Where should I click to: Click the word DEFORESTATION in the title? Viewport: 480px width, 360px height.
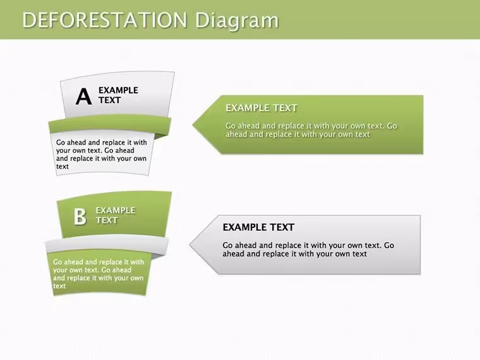pos(105,20)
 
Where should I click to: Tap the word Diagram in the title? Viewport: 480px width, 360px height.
pos(237,21)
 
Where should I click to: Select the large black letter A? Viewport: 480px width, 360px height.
pos(83,97)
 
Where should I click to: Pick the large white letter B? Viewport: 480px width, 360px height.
pos(80,217)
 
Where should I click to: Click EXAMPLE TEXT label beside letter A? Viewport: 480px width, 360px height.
pos(118,95)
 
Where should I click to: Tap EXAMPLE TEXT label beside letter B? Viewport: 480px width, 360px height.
pos(116,215)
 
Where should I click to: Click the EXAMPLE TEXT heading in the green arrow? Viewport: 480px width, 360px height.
pos(261,108)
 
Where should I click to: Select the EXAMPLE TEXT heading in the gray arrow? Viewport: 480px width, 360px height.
pos(258,227)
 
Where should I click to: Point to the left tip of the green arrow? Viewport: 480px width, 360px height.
pos(193,124)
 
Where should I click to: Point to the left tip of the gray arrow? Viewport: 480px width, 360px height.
pos(190,244)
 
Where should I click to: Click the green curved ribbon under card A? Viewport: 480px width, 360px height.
pos(110,124)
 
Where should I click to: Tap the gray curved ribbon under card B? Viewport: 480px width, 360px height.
pos(107,244)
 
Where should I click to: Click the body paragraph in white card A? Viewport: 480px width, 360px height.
pos(101,154)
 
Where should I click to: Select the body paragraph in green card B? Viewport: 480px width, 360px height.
pos(99,274)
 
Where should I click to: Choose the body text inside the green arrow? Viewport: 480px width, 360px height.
pos(311,130)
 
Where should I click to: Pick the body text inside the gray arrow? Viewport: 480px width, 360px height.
pos(308,249)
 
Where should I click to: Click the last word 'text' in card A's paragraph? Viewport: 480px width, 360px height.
pos(63,167)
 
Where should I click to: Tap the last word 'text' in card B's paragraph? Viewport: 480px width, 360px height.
pos(59,286)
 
